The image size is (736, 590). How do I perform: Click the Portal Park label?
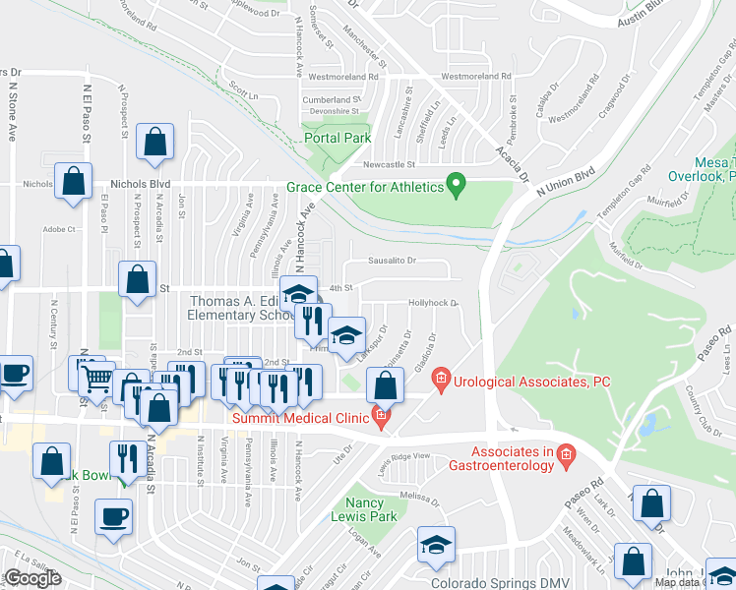337,139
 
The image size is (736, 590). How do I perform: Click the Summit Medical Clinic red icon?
381,418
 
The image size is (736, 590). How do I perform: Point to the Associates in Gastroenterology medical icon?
565,453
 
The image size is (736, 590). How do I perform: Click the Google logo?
32,578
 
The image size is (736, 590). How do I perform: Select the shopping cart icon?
96,377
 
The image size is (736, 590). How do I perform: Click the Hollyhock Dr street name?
433,303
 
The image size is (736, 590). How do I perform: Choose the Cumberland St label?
328,100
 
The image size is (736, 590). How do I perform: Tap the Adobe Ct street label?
59,230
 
